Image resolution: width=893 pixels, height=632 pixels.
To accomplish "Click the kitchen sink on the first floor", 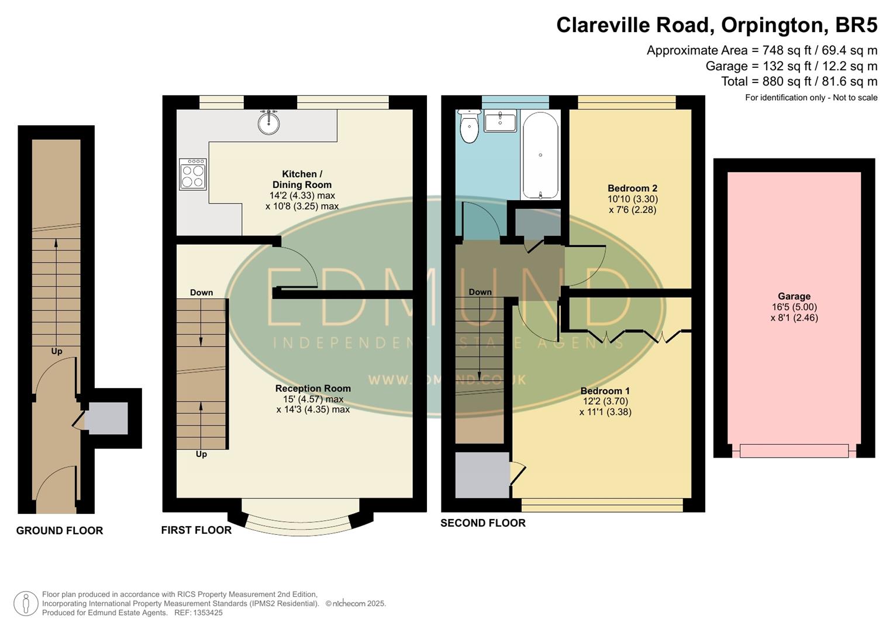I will pyautogui.click(x=268, y=122).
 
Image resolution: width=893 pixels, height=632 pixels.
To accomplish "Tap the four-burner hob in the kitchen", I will pyautogui.click(x=193, y=174).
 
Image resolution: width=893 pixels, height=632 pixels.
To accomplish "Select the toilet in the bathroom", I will pyautogui.click(x=469, y=127).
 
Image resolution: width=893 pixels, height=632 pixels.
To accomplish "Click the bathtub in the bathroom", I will pyautogui.click(x=540, y=156).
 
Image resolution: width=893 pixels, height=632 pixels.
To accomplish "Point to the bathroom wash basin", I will pyautogui.click(x=500, y=122).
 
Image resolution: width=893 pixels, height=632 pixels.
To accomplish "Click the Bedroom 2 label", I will pyautogui.click(x=632, y=188).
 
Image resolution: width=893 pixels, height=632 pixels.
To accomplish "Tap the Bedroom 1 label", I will pyautogui.click(x=605, y=391).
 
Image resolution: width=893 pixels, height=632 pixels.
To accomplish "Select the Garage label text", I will pyautogui.click(x=794, y=297).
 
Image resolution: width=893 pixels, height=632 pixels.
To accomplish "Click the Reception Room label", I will pyautogui.click(x=313, y=389).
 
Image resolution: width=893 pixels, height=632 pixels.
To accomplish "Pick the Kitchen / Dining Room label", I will pyautogui.click(x=302, y=179).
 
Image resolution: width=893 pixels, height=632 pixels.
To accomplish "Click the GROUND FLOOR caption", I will pyautogui.click(x=60, y=531).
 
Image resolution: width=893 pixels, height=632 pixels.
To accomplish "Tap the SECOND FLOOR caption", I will pyautogui.click(x=482, y=523).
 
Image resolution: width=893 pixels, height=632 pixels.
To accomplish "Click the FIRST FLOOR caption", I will pyautogui.click(x=196, y=530).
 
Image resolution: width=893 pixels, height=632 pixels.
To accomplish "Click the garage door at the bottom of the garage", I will pyautogui.click(x=794, y=451).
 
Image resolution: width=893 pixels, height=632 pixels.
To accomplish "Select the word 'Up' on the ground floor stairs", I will pyautogui.click(x=57, y=352).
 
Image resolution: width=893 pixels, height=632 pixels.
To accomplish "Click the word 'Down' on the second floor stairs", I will pyautogui.click(x=480, y=292).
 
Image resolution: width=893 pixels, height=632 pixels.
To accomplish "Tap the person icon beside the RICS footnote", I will pyautogui.click(x=26, y=603).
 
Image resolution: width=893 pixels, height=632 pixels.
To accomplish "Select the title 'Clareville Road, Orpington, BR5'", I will pyautogui.click(x=716, y=25).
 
